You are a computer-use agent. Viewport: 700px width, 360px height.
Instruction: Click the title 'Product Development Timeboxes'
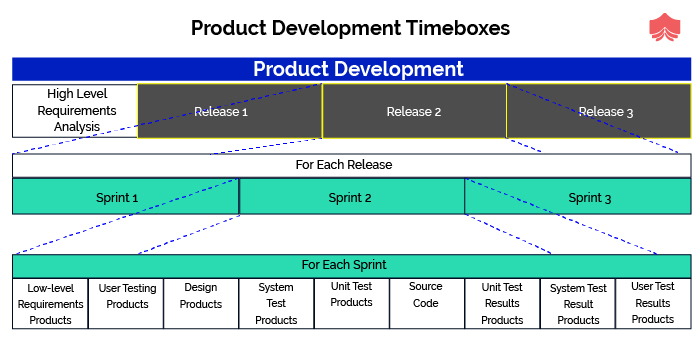[350, 28]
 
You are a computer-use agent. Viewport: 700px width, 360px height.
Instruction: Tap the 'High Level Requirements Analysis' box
[75, 110]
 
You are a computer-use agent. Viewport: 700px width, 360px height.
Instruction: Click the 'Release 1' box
[229, 111]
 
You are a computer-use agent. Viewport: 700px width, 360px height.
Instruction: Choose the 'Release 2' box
[414, 111]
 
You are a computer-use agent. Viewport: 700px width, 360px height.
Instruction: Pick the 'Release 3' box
[598, 111]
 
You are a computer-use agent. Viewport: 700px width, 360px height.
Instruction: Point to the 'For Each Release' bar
[351, 165]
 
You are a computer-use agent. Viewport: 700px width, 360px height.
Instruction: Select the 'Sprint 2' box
[351, 197]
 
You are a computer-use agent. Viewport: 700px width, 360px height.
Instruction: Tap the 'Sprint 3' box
[578, 197]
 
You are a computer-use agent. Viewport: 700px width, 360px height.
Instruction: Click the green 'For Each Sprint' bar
[351, 266]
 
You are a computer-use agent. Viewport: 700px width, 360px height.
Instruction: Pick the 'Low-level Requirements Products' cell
[50, 304]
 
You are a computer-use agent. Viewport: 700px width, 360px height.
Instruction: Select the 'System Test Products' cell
[276, 304]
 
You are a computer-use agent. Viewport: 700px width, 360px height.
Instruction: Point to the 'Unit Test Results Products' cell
[502, 304]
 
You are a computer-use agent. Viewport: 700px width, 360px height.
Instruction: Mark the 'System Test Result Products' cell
[578, 304]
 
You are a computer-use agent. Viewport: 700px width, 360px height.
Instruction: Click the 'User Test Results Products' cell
[653, 304]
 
